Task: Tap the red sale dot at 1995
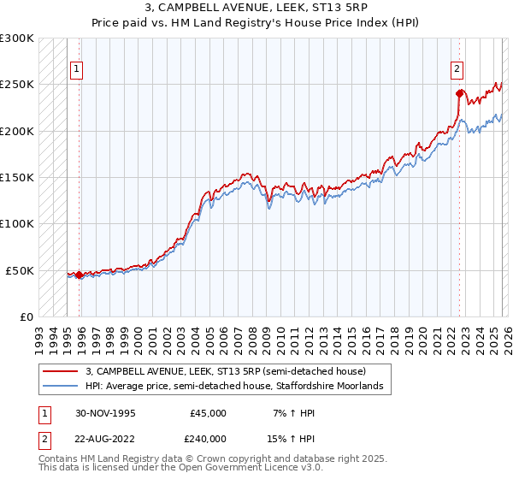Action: pos(80,275)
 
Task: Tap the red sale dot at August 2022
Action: pos(460,93)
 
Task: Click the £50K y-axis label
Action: pos(20,270)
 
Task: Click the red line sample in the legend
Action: pos(60,371)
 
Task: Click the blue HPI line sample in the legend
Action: pos(60,387)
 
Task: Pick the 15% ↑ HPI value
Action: pos(294,439)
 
